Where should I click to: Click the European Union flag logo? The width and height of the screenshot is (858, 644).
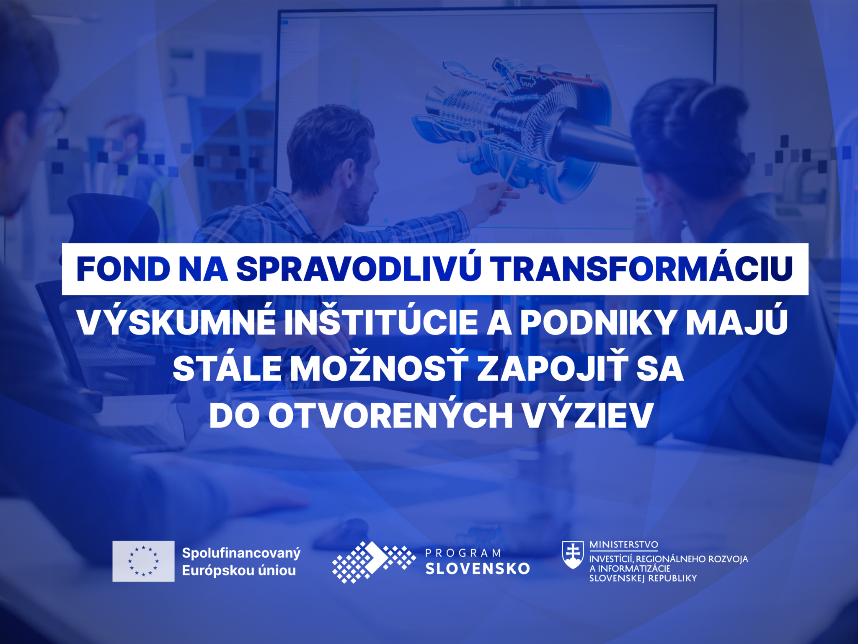[x=143, y=561]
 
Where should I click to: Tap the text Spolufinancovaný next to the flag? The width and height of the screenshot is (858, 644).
[x=241, y=553]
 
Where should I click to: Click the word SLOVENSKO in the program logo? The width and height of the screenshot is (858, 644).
[x=478, y=569]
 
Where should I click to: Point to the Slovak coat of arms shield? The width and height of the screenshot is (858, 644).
[x=573, y=554]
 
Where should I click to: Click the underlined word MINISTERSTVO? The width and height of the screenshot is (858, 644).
[x=623, y=545]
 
